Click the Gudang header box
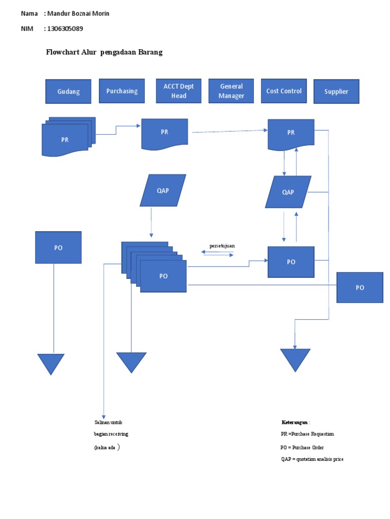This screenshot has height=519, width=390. (68, 92)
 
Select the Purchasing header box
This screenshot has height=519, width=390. (122, 91)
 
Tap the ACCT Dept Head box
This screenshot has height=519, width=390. (179, 91)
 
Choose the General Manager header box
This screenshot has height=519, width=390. (231, 91)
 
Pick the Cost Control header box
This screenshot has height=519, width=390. (284, 91)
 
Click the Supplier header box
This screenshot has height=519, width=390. (336, 92)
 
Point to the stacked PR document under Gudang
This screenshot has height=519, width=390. (65, 140)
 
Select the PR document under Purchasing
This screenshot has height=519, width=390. (165, 133)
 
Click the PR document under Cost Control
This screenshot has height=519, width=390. (291, 133)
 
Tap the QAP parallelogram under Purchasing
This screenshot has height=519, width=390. (163, 191)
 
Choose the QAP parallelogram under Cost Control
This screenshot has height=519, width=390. (288, 192)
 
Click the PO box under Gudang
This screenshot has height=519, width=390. (58, 247)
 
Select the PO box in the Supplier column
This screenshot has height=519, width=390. (360, 287)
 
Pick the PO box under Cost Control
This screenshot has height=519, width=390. (291, 262)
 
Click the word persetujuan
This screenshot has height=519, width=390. (222, 246)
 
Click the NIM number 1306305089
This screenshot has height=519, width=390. (63, 29)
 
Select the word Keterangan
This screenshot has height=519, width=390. (295, 422)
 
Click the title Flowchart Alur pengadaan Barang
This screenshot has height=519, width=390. (105, 52)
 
